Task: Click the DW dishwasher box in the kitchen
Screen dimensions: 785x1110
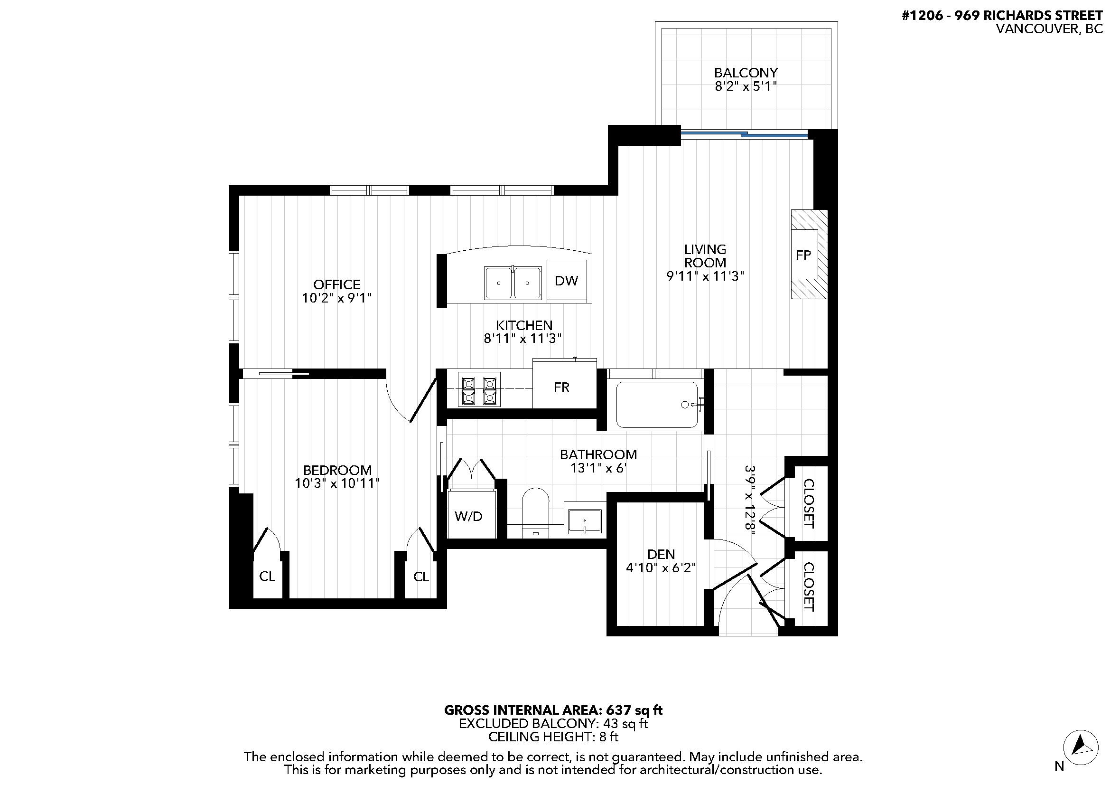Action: click(566, 281)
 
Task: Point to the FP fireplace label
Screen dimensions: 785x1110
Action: click(803, 255)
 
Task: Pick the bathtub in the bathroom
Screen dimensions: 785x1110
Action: click(656, 405)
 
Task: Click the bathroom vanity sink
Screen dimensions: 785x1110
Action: click(585, 521)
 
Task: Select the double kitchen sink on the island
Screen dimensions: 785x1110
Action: click(513, 283)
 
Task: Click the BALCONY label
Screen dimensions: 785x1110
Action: click(746, 73)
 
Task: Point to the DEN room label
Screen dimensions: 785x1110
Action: click(661, 554)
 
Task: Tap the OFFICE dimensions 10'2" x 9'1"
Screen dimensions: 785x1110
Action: click(336, 298)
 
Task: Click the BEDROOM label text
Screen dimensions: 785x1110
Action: click(337, 470)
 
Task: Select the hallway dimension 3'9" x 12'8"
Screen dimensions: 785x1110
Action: click(750, 499)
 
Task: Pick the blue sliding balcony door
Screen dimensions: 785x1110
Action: click(745, 134)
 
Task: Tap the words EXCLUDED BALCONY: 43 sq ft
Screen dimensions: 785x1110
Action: click(553, 724)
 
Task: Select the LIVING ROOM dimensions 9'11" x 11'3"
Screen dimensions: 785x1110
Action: click(705, 277)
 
